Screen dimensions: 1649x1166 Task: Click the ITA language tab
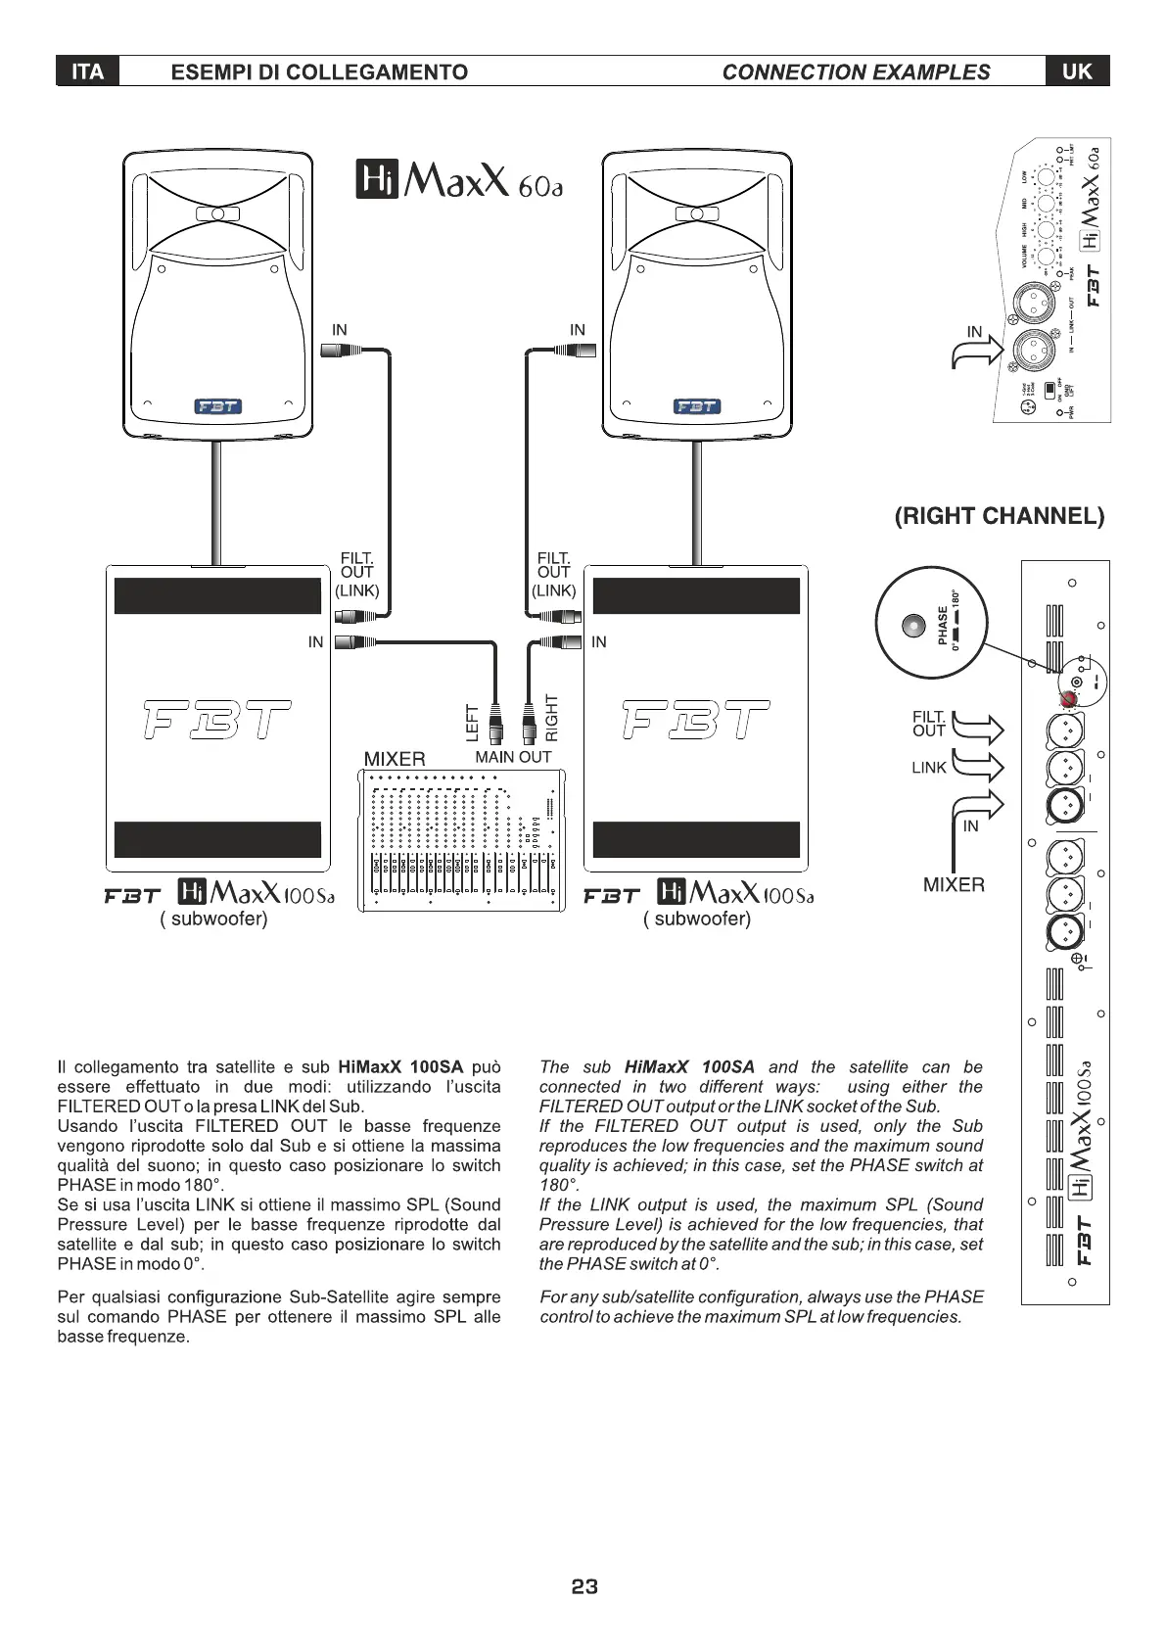(87, 71)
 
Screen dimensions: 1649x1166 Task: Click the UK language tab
(1077, 71)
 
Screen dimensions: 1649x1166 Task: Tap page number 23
(584, 1587)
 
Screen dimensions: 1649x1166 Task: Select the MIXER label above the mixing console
(395, 759)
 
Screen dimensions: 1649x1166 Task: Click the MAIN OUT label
(513, 757)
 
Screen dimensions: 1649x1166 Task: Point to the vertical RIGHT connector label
(551, 717)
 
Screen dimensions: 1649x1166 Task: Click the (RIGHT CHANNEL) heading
(1000, 516)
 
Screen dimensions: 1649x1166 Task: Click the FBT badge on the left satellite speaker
(218, 406)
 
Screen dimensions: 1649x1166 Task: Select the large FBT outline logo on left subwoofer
(217, 720)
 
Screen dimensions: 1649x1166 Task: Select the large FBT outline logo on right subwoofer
(696, 720)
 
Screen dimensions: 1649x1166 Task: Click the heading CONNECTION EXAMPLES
(856, 71)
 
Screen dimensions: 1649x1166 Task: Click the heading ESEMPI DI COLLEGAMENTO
(319, 71)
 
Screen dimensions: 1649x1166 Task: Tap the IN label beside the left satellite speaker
(339, 330)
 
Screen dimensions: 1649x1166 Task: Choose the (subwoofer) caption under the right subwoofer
(697, 919)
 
